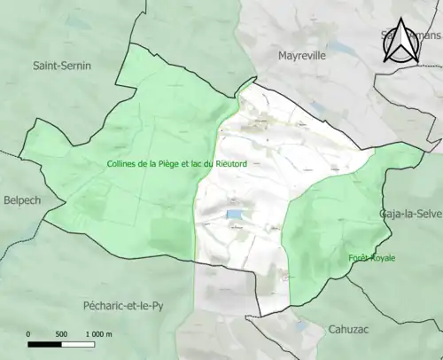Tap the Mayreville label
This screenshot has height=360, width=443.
click(302, 55)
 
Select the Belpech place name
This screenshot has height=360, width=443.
click(21, 200)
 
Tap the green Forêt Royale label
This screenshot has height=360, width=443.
click(371, 258)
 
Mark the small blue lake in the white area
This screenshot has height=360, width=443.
click(234, 215)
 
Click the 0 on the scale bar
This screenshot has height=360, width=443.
click(28, 334)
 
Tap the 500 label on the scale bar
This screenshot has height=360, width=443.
click(61, 334)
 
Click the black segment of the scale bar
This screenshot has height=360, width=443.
click(44, 344)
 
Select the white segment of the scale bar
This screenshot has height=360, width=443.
click(78, 344)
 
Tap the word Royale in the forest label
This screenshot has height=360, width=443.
click(383, 258)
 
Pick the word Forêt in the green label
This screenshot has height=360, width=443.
click(358, 258)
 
